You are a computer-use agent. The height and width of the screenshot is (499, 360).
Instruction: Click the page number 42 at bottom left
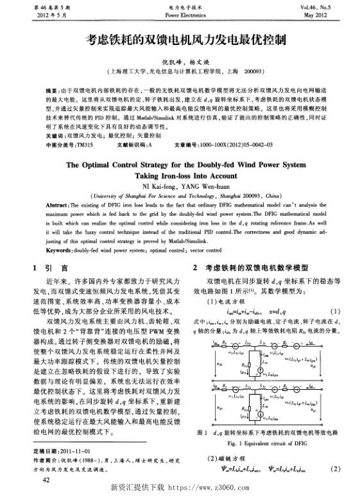coord(46,480)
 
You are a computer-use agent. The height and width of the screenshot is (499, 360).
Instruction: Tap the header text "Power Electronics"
coord(180,13)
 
